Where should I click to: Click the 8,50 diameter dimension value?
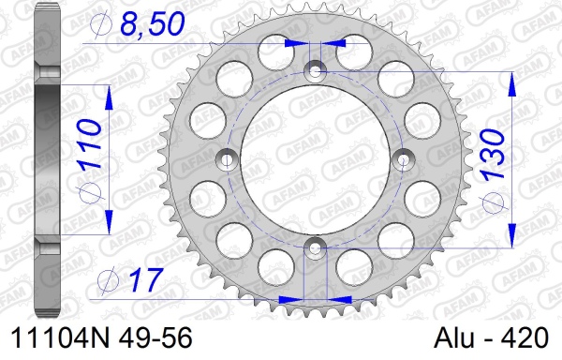[153, 24]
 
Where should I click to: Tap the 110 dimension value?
[89, 144]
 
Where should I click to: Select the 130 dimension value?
[494, 154]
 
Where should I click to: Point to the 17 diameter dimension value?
[146, 280]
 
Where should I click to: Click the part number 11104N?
[60, 338]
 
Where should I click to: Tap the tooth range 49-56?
[155, 338]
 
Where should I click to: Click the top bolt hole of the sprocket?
[315, 71]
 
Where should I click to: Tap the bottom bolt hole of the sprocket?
[315, 247]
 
